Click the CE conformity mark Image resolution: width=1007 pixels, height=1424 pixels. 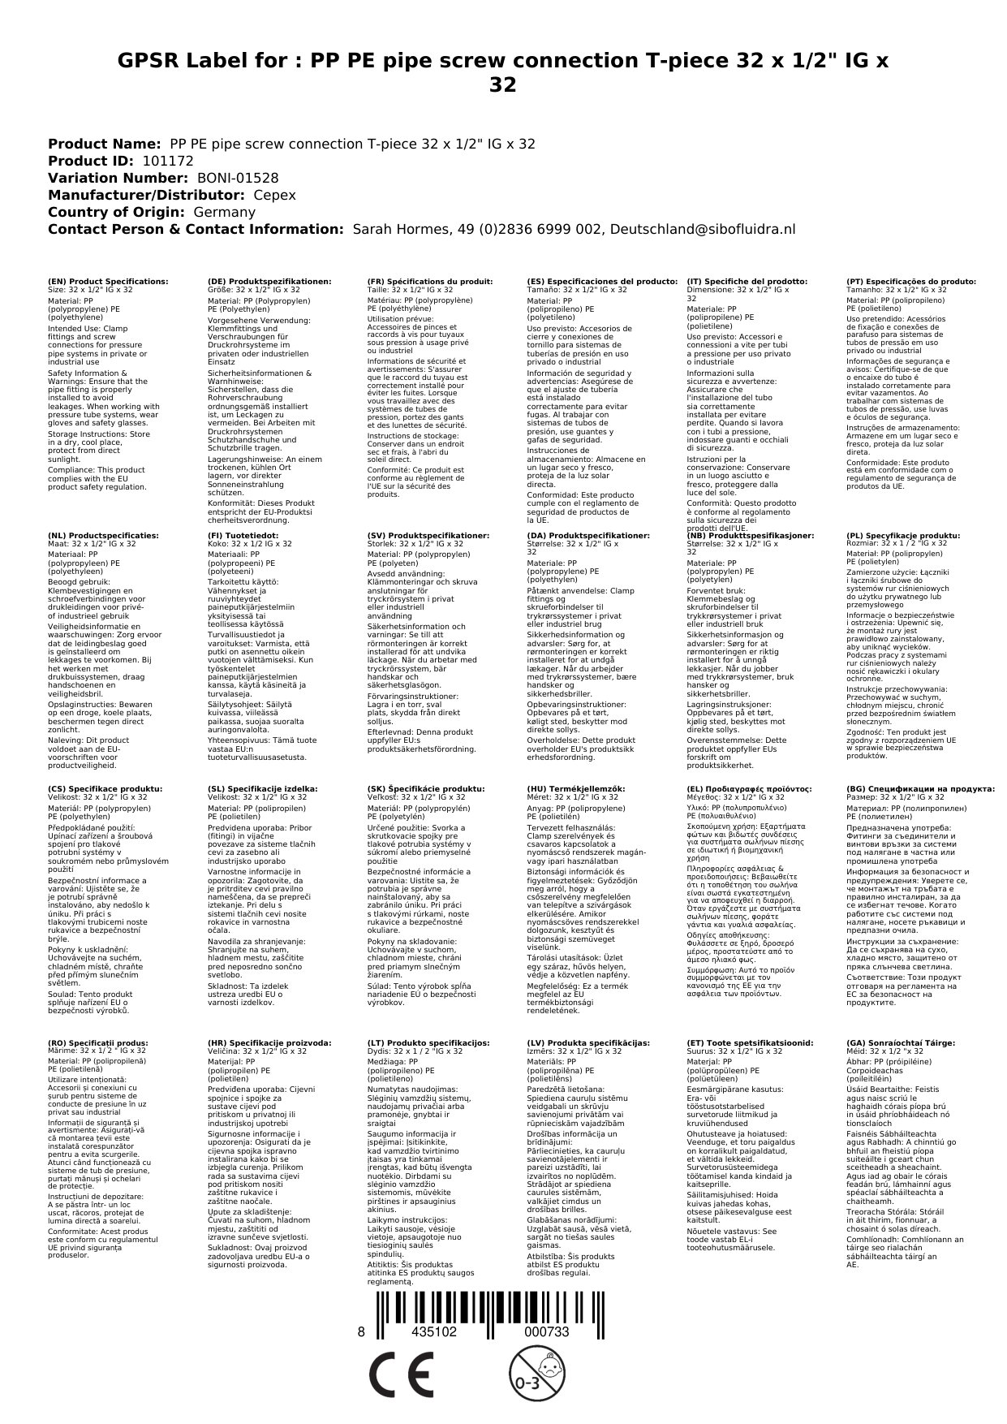400,1377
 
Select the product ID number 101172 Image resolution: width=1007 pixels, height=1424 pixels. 167,161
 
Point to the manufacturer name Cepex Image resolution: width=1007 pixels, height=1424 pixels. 274,195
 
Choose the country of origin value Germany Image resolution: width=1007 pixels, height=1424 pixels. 224,212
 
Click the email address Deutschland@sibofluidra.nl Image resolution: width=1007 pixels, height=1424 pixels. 702,229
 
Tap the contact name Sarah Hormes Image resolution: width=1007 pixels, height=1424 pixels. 396,229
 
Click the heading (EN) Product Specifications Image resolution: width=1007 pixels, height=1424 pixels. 108,281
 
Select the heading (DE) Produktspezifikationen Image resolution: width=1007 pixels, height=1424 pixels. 269,281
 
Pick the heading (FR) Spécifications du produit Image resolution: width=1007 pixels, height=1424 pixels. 430,281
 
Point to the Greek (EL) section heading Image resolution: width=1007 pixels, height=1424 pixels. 749,788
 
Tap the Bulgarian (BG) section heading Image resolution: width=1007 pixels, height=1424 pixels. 920,788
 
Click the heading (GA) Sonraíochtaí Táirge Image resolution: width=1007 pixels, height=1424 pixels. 889,1042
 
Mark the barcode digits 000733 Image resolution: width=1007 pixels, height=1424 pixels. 545,1332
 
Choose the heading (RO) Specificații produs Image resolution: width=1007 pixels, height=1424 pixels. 97,1042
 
